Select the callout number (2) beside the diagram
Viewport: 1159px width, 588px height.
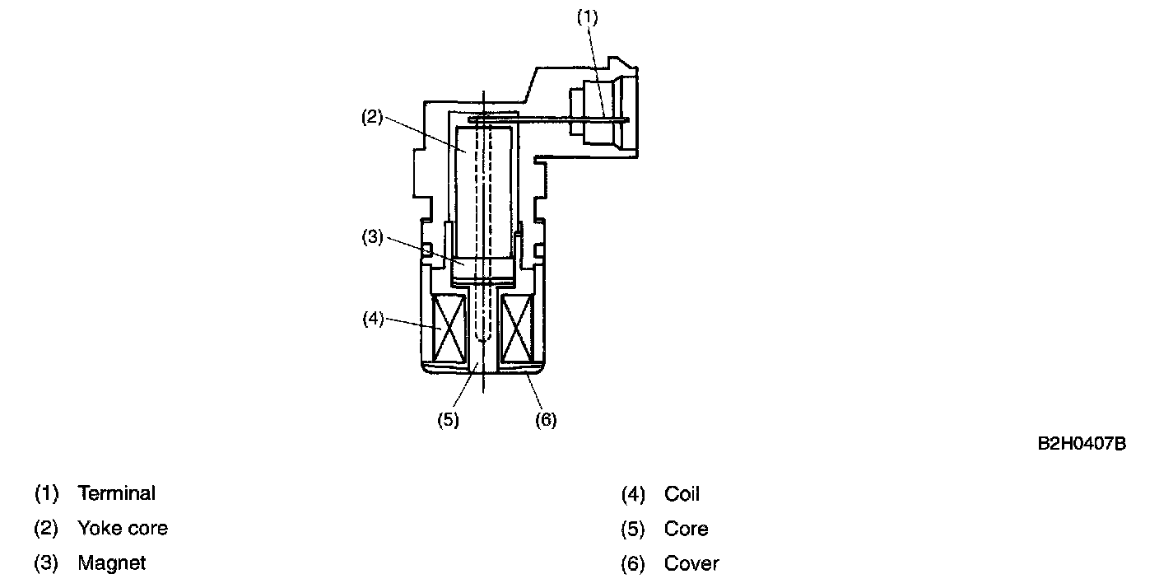pyautogui.click(x=373, y=118)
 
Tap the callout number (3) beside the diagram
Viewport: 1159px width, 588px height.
pyautogui.click(x=373, y=239)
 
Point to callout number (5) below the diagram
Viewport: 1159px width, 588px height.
pyautogui.click(x=448, y=419)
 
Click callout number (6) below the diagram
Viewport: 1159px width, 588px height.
pyautogui.click(x=546, y=419)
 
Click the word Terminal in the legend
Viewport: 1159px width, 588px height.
pyautogui.click(x=116, y=493)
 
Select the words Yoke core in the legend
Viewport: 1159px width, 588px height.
pyautogui.click(x=123, y=528)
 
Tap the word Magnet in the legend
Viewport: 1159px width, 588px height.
pyautogui.click(x=111, y=563)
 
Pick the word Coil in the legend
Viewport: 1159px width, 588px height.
pyautogui.click(x=682, y=494)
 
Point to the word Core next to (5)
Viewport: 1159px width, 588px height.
pyautogui.click(x=686, y=529)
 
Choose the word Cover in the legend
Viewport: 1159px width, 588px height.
pyautogui.click(x=691, y=564)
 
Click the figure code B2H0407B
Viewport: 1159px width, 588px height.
pyautogui.click(x=1081, y=444)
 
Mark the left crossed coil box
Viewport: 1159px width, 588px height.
pyautogui.click(x=449, y=327)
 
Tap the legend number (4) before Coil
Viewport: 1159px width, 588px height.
pyautogui.click(x=632, y=494)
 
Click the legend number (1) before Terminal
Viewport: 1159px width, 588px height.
pyautogui.click(x=46, y=493)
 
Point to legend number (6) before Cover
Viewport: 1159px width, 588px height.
pyautogui.click(x=632, y=564)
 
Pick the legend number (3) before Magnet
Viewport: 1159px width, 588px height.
pyautogui.click(x=46, y=563)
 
